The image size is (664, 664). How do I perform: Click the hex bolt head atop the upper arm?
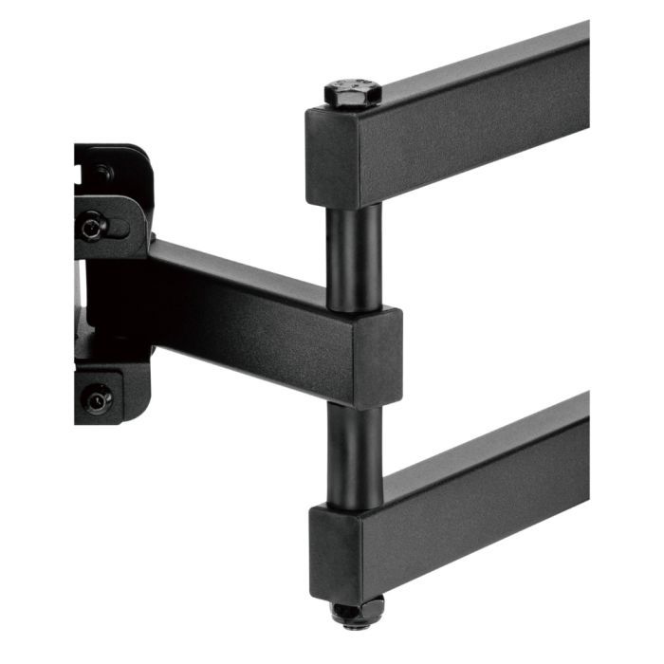click(x=352, y=93)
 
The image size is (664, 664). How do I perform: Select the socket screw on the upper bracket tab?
click(x=92, y=227)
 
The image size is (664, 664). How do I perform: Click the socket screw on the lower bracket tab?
click(x=97, y=399)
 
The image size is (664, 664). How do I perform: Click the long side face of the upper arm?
click(x=484, y=133)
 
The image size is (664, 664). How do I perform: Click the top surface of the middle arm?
click(x=256, y=275)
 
